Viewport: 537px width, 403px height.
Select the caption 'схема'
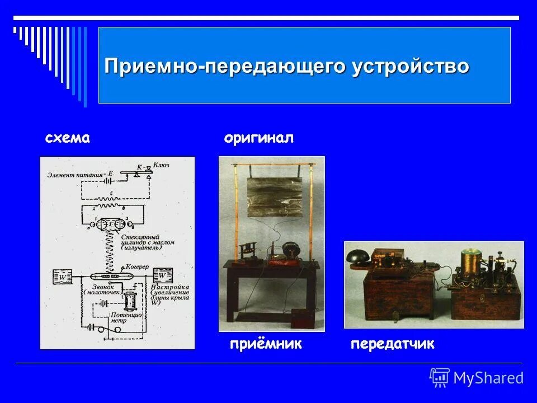pyautogui.click(x=67, y=139)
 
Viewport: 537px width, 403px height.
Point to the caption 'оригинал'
pyautogui.click(x=258, y=139)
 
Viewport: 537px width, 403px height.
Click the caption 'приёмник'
pyautogui.click(x=266, y=344)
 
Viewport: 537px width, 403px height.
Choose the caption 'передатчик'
pyautogui.click(x=392, y=344)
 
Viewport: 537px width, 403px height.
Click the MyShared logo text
pyautogui.click(x=488, y=378)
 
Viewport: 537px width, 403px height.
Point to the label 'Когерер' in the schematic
pyautogui.click(x=138, y=267)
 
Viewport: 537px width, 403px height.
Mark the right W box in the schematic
pyautogui.click(x=163, y=275)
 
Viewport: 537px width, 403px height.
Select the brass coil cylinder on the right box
pyautogui.click(x=472, y=260)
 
